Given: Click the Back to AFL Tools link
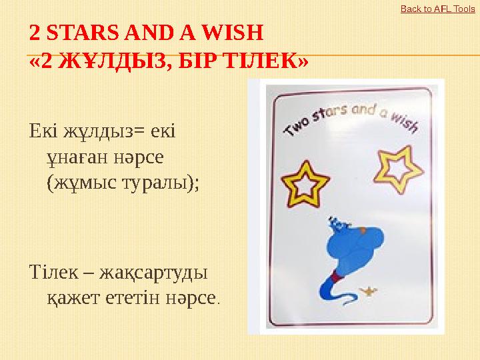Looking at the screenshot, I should click(x=437, y=9).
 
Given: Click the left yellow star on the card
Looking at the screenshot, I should click(x=305, y=183).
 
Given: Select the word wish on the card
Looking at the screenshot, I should click(x=403, y=121).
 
